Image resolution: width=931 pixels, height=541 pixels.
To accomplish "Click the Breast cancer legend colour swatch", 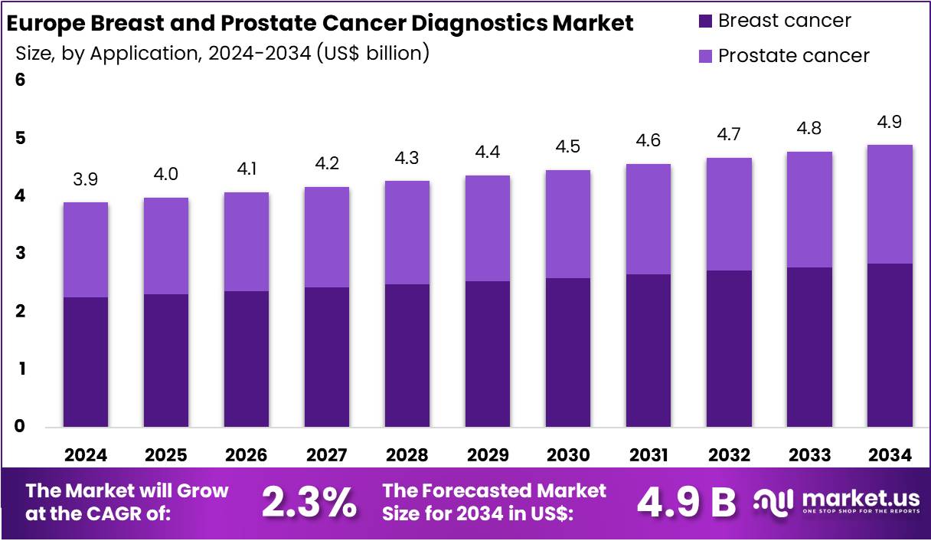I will click(706, 21).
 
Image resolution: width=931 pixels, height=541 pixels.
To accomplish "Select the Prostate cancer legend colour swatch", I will click(706, 56).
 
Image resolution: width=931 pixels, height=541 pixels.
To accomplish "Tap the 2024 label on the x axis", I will click(86, 455).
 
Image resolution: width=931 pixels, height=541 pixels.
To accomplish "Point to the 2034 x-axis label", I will click(890, 455).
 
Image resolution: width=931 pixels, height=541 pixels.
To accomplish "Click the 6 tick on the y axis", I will click(21, 80).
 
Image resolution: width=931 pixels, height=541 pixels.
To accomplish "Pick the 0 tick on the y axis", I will click(21, 427).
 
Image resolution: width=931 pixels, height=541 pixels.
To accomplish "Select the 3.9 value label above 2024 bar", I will click(86, 180).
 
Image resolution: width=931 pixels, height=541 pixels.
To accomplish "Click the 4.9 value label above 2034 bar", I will click(890, 123).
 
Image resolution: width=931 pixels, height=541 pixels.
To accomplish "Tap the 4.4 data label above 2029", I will click(488, 152).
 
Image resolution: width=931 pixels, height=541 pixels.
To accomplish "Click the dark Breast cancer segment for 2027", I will click(327, 356).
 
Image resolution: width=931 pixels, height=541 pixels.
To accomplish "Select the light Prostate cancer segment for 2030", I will click(568, 224).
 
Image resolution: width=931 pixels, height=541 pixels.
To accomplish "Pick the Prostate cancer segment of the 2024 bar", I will click(86, 249).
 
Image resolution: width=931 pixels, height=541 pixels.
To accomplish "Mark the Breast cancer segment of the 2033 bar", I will click(809, 346).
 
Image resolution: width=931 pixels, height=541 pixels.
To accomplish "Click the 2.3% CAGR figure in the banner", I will click(309, 503).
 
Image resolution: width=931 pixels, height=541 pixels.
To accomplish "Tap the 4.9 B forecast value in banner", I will click(686, 503).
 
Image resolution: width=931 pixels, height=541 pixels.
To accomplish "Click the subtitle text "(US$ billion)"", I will click(373, 54).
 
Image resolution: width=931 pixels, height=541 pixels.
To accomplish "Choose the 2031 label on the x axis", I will click(648, 455).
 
